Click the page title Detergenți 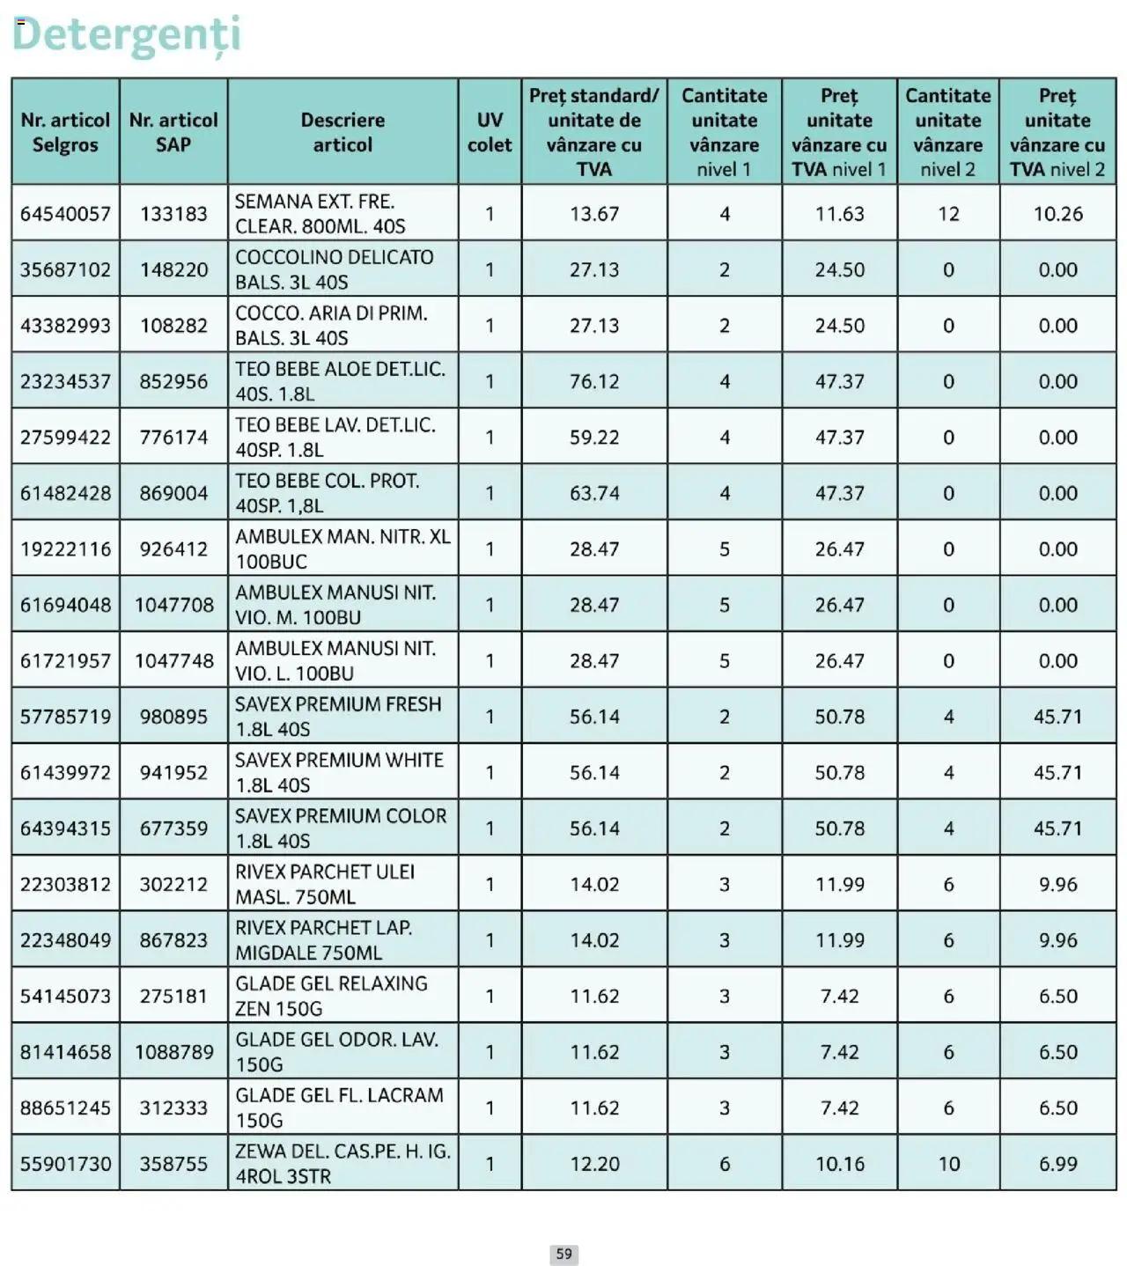(126, 35)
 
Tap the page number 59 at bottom (563, 1254)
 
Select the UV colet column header (490, 132)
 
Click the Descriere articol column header (343, 132)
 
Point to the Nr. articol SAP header (173, 132)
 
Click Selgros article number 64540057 (66, 214)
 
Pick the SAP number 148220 (173, 269)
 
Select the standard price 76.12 (593, 381)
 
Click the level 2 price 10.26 (1057, 214)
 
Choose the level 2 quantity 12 (948, 214)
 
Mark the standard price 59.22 (593, 438)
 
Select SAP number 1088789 (173, 1052)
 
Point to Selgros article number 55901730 (66, 1164)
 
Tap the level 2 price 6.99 (1057, 1164)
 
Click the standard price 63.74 (593, 493)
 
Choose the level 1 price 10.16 (839, 1164)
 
